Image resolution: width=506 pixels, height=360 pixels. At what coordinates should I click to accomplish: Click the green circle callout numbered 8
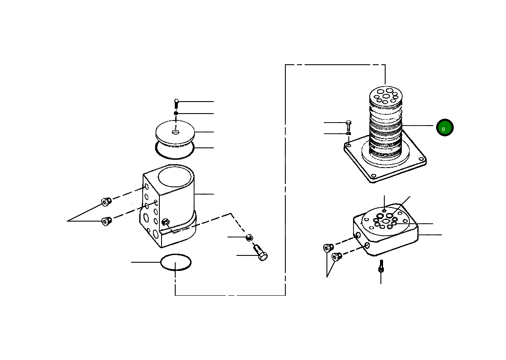click(444, 128)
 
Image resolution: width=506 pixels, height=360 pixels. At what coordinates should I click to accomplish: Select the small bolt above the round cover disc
click(176, 103)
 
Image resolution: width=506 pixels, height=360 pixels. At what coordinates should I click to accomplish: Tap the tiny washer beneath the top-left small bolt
click(176, 113)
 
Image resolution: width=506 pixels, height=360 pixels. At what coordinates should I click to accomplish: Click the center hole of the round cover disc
click(176, 132)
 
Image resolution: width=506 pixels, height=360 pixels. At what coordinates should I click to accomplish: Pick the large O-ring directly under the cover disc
click(175, 149)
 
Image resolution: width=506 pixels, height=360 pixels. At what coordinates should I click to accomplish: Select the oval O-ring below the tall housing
click(176, 262)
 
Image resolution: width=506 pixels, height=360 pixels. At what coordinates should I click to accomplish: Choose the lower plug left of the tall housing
click(106, 221)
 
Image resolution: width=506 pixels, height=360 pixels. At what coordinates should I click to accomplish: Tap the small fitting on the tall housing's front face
click(165, 222)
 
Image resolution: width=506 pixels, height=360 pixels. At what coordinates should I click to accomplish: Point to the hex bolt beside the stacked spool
click(348, 125)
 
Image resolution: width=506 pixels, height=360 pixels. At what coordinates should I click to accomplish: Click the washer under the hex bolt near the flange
click(348, 134)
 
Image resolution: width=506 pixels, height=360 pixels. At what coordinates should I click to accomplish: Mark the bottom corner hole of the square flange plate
click(374, 176)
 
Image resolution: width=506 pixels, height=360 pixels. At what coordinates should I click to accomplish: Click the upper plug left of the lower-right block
click(328, 248)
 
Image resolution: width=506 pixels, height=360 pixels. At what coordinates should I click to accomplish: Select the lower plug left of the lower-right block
click(336, 257)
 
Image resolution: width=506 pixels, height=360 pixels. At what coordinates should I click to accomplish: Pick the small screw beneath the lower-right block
click(380, 268)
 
